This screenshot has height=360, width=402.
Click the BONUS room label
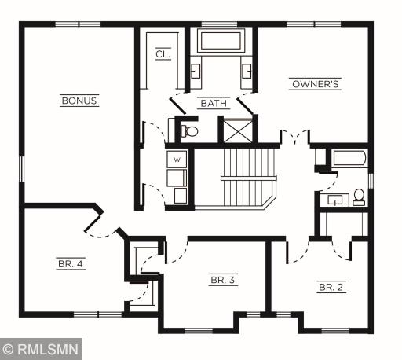pyautogui.click(x=79, y=101)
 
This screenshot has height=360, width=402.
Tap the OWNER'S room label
pyautogui.click(x=316, y=84)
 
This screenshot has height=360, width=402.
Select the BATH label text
pyautogui.click(x=214, y=103)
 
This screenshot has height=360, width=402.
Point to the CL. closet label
pyautogui.click(x=163, y=54)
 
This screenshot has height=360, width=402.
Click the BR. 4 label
pyautogui.click(x=71, y=263)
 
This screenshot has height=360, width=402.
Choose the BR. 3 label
pyautogui.click(x=223, y=280)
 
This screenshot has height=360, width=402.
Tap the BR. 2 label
pyautogui.click(x=331, y=287)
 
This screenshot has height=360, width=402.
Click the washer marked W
pyautogui.click(x=177, y=160)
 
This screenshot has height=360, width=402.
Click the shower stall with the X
pyautogui.click(x=238, y=131)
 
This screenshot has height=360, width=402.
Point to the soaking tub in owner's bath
pyautogui.click(x=221, y=41)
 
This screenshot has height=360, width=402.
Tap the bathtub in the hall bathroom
pyautogui.click(x=349, y=158)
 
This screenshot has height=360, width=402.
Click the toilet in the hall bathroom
pyautogui.click(x=359, y=197)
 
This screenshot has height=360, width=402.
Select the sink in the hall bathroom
pyautogui.click(x=334, y=200)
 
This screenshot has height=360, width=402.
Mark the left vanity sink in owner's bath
pyautogui.click(x=196, y=72)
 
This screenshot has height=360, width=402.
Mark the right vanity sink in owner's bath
pyautogui.click(x=247, y=72)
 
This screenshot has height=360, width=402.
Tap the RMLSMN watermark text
pyautogui.click(x=49, y=349)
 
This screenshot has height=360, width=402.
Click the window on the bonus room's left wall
pyautogui.click(x=22, y=169)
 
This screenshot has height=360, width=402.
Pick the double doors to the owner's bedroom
pyautogui.click(x=295, y=137)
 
